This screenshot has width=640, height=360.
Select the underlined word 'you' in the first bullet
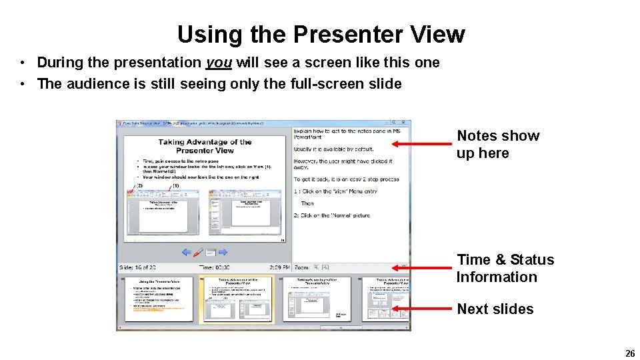[x=219, y=63]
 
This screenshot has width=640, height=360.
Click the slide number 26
[x=629, y=354]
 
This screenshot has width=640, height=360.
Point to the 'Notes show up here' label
[x=497, y=144]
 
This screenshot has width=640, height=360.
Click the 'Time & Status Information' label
[x=505, y=268]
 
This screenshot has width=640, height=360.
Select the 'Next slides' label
[x=495, y=309]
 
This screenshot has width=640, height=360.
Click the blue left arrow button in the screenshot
[x=187, y=253]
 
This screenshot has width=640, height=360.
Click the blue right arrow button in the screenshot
[x=223, y=253]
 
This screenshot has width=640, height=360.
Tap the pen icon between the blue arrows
[x=199, y=253]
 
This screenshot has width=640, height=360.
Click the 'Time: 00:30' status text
[x=214, y=267]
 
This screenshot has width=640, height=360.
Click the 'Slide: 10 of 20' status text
[x=137, y=267]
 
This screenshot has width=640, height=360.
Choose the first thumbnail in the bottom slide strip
[x=159, y=299]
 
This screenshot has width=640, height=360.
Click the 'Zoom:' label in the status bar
[x=301, y=267]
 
